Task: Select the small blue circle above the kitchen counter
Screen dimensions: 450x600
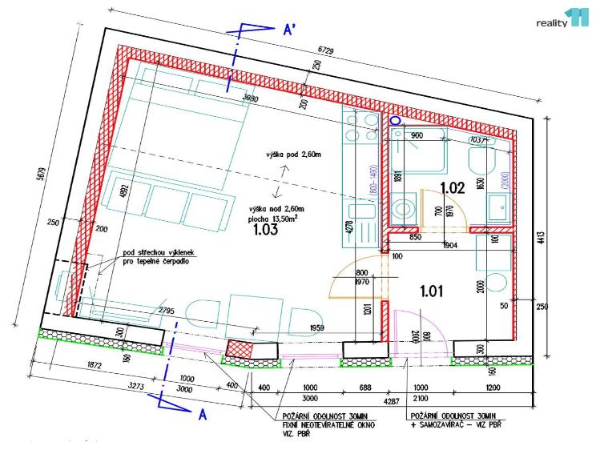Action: click(x=394, y=120)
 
